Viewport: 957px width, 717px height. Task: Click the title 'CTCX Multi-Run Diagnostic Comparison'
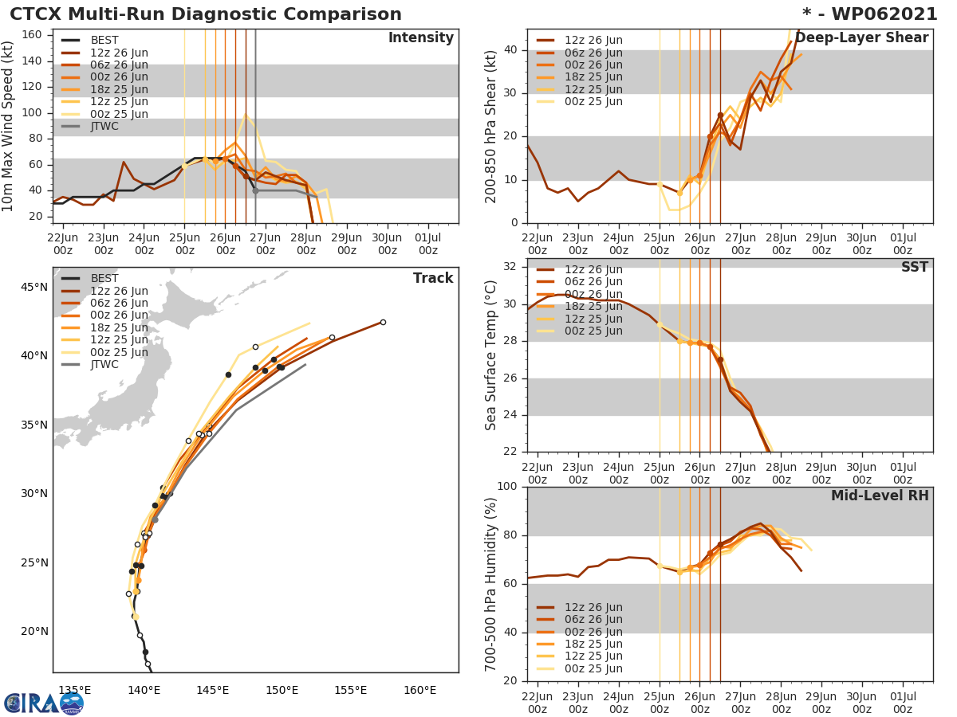click(x=206, y=14)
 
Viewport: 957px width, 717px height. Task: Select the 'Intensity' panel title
click(x=420, y=38)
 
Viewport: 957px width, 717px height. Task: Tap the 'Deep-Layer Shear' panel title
click(x=861, y=38)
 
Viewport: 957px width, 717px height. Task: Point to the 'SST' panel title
click(x=914, y=268)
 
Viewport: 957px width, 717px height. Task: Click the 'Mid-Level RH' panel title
click(x=880, y=496)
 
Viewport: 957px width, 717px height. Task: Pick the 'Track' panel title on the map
click(x=433, y=278)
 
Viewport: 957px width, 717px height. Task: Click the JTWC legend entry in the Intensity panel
click(x=104, y=126)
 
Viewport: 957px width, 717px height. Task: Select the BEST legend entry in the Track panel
click(x=104, y=278)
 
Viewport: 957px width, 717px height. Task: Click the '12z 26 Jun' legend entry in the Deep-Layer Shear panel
click(x=593, y=41)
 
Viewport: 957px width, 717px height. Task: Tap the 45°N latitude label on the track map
click(x=33, y=287)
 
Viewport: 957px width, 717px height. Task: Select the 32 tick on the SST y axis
click(x=511, y=266)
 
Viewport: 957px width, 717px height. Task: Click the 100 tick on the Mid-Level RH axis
click(x=507, y=487)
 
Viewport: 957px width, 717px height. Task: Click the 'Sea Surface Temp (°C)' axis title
click(x=491, y=355)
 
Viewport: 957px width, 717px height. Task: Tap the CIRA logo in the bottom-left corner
click(x=43, y=703)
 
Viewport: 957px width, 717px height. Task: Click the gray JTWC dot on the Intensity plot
click(x=255, y=190)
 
